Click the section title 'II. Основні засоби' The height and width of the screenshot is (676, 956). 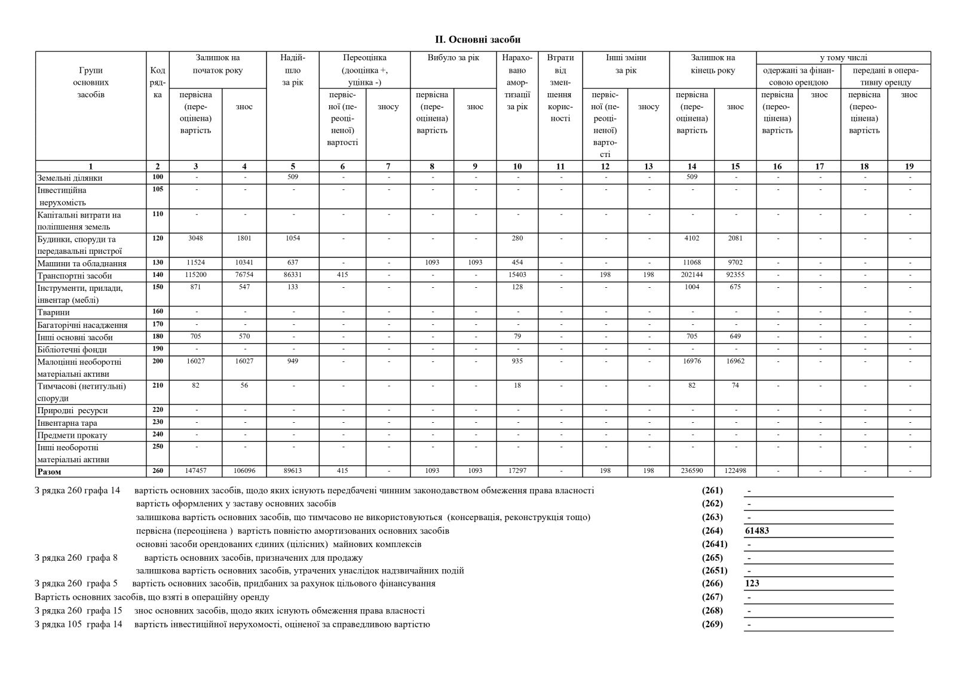[x=477, y=39]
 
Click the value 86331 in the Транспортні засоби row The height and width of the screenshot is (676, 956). [x=293, y=275]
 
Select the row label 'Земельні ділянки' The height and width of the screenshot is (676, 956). [x=70, y=178]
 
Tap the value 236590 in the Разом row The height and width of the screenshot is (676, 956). [x=692, y=471]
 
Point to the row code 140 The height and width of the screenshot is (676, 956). [x=158, y=275]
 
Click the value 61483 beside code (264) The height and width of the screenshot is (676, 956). [x=757, y=530]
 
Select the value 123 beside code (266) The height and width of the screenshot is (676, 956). [x=752, y=583]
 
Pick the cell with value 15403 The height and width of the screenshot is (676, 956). [x=517, y=275]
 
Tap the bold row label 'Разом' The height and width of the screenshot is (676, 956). [x=49, y=472]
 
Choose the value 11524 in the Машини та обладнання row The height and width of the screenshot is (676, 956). [x=195, y=262]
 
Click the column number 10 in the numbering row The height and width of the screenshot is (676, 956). [x=517, y=167]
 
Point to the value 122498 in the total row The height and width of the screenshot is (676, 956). [x=735, y=471]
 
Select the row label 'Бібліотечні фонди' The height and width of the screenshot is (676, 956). [x=72, y=350]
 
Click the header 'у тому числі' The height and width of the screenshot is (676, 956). [x=843, y=58]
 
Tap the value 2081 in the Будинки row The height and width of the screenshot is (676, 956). [x=735, y=238]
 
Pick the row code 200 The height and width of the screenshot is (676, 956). [x=158, y=361]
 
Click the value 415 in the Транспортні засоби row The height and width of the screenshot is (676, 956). [x=342, y=275]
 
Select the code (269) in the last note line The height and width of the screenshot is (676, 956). [x=712, y=624]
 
